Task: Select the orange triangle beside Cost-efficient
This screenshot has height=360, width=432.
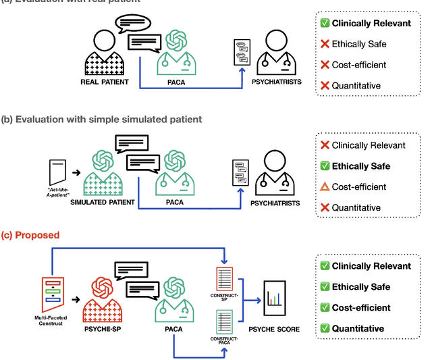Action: coord(324,186)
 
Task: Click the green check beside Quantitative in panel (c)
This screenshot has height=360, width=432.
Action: coord(324,328)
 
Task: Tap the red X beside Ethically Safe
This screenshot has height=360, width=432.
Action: coord(324,45)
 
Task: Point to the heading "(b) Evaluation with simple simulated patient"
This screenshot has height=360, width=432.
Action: coord(101,120)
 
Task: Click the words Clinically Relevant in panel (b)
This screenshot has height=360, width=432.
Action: coord(369,145)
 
